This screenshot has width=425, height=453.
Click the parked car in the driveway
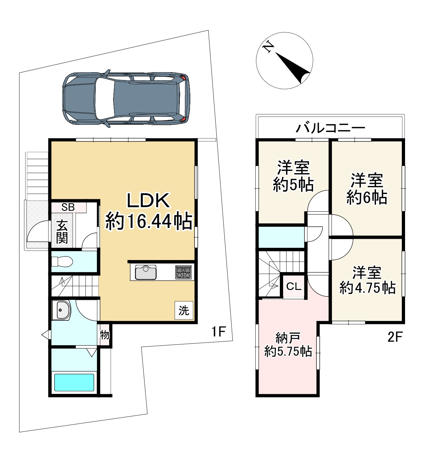(x=126, y=99)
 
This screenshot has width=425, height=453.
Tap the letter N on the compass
(x=268, y=47)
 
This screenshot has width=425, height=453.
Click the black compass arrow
(x=293, y=68)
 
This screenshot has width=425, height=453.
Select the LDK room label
(x=148, y=201)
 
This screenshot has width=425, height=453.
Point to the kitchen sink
(x=146, y=272)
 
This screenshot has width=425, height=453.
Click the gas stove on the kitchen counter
(x=183, y=272)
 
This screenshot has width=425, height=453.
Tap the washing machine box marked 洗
(x=184, y=311)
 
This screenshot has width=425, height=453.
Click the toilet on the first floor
(x=62, y=261)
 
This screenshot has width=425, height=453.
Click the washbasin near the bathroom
(x=61, y=310)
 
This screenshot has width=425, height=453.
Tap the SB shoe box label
(x=68, y=207)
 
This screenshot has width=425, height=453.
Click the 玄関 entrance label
(x=62, y=232)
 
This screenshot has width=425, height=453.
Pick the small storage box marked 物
(x=104, y=335)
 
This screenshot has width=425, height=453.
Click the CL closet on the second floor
(x=294, y=286)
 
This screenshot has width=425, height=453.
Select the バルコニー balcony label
(x=331, y=128)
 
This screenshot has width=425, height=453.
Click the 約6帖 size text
(x=367, y=198)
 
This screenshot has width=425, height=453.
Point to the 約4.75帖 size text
(x=367, y=288)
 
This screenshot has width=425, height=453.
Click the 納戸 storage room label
(x=288, y=338)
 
